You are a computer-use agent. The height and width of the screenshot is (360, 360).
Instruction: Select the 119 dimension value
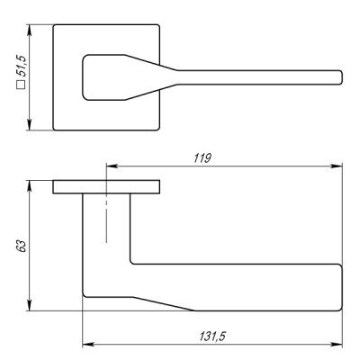click(202, 157)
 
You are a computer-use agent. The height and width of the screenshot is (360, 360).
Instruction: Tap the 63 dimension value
click(22, 246)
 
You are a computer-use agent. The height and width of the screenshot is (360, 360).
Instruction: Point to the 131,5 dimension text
click(212, 337)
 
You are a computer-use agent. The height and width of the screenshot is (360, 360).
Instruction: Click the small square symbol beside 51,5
click(21, 85)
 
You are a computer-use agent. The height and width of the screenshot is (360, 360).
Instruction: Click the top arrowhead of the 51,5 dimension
click(29, 31)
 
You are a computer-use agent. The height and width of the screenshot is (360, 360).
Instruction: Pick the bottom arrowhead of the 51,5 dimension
click(29, 124)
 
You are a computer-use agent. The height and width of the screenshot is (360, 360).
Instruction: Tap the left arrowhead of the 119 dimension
click(112, 166)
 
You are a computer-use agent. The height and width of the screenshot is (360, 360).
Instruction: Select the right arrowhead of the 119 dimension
click(337, 166)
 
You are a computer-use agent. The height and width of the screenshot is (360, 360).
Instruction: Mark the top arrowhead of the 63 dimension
click(29, 186)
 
